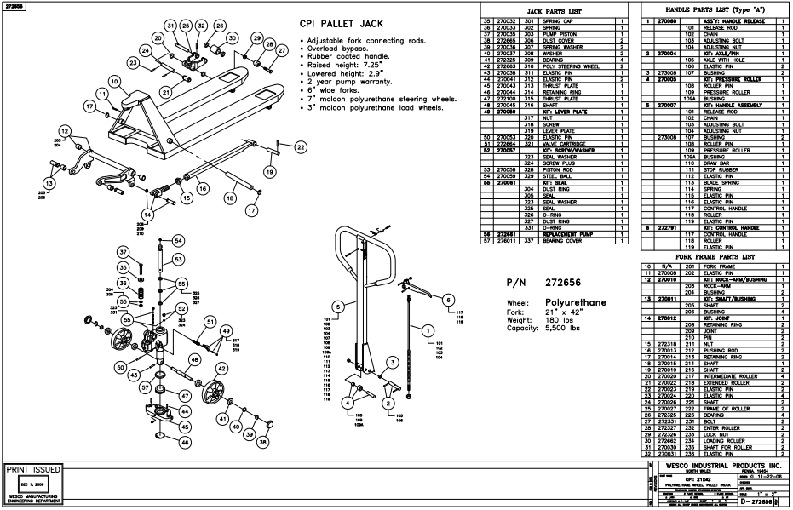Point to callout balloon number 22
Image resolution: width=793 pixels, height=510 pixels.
tap(300, 147)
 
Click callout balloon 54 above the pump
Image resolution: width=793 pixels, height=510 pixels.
tap(178, 241)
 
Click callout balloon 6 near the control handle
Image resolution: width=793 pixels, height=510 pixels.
tap(449, 299)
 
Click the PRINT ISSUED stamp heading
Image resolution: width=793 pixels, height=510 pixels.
tap(33, 469)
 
